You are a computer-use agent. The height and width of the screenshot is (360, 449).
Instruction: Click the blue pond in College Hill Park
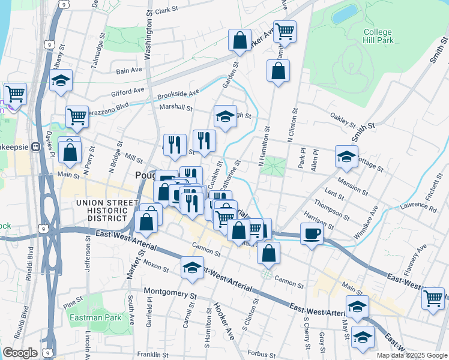pos(345,13)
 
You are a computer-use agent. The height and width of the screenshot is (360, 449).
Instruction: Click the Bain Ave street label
pos(128,70)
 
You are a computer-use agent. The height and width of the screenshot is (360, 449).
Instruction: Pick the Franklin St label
pos(150,355)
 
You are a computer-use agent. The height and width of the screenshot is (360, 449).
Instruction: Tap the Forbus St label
pos(262,354)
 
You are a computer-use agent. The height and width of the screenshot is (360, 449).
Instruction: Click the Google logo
pos(20,353)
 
